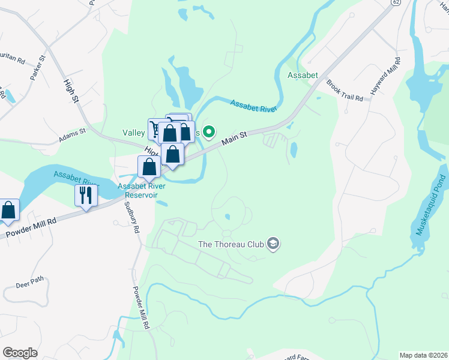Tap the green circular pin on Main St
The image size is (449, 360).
tap(209, 131)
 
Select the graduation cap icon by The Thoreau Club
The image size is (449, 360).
tap(273, 244)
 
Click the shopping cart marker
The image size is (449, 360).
tap(157, 129)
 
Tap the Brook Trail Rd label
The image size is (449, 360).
tap(345, 90)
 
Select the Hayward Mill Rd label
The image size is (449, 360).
tap(385, 78)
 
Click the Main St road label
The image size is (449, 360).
tap(234, 139)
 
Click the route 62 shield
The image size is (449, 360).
tap(394, 2)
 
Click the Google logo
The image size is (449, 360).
tap(20, 353)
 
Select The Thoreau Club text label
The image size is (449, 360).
tap(232, 245)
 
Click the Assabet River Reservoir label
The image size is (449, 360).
tap(142, 190)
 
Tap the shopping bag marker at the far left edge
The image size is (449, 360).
tap(8, 210)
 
